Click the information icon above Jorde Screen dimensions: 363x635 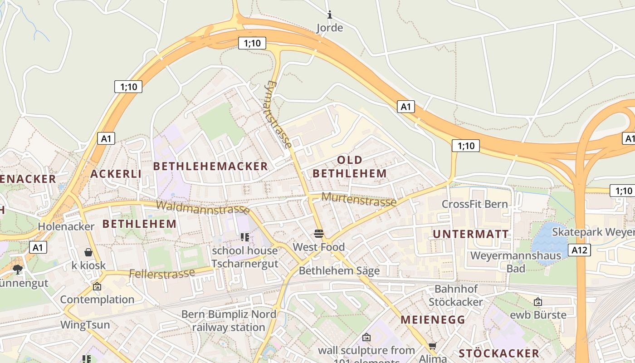click(x=329, y=15)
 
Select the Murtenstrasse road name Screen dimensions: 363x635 click(x=359, y=199)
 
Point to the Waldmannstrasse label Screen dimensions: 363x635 click(x=202, y=207)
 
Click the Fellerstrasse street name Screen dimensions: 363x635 click(x=162, y=274)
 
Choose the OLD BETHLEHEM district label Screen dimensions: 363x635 click(x=349, y=167)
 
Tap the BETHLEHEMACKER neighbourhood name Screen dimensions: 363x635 click(x=210, y=167)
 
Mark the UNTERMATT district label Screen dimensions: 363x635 click(x=470, y=234)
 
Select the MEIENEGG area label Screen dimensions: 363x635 click(x=433, y=319)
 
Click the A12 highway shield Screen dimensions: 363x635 click(x=580, y=250)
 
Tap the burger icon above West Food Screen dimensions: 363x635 click(x=319, y=234)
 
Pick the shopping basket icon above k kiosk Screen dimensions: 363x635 click(x=88, y=252)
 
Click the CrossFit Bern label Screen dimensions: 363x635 click(x=475, y=204)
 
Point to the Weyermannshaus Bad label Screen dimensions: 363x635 click(x=516, y=262)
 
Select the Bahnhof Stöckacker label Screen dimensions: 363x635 click(x=456, y=295)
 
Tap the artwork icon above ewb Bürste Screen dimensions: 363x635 click(x=538, y=302)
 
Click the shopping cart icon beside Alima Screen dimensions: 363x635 click(x=432, y=346)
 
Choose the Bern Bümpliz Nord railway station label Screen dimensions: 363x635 click(x=229, y=321)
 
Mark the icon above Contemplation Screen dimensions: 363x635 click(x=97, y=286)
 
